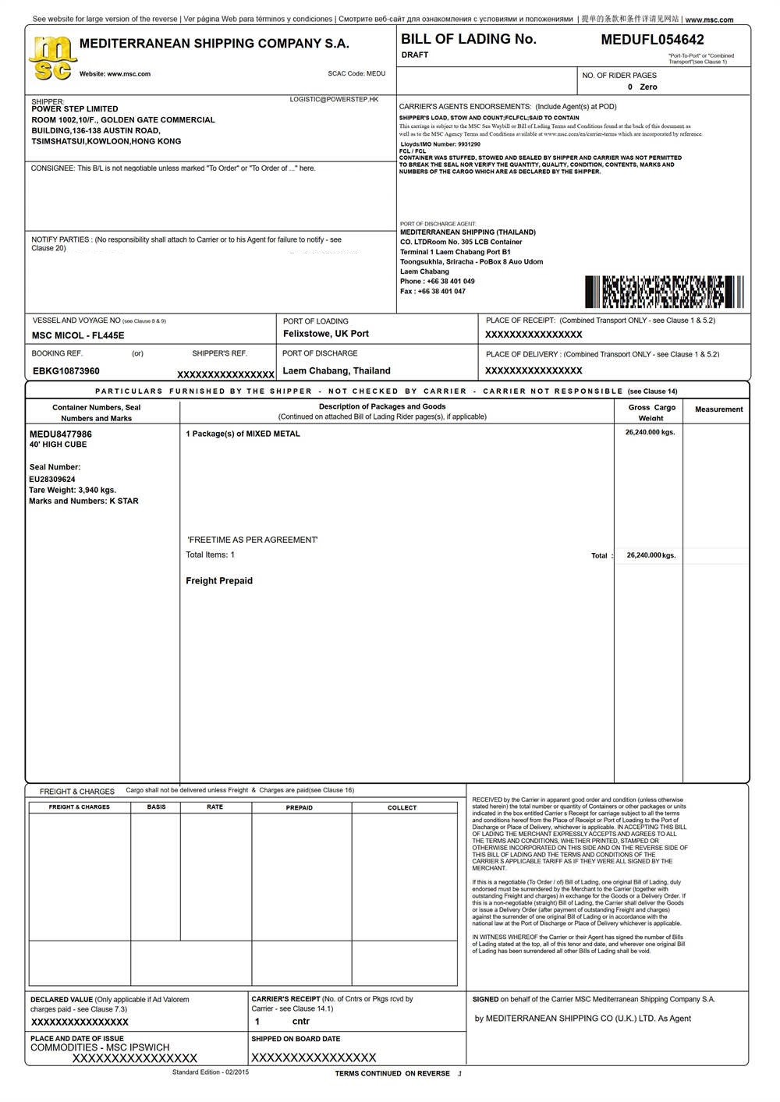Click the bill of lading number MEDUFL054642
click(652, 40)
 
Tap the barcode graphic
click(664, 292)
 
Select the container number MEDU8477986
click(61, 434)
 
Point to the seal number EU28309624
click(52, 479)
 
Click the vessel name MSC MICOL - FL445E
click(78, 335)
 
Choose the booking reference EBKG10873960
click(66, 370)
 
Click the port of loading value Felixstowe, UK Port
click(326, 334)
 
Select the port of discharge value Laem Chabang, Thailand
click(336, 370)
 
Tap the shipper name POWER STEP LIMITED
click(75, 109)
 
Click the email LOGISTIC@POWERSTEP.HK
click(334, 99)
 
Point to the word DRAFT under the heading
click(415, 55)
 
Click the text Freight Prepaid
click(219, 581)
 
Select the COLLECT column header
click(402, 808)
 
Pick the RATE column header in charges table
click(215, 807)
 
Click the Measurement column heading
click(718, 409)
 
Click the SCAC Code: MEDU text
click(356, 74)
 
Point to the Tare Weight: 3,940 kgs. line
click(73, 490)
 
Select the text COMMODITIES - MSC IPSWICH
click(100, 1047)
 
